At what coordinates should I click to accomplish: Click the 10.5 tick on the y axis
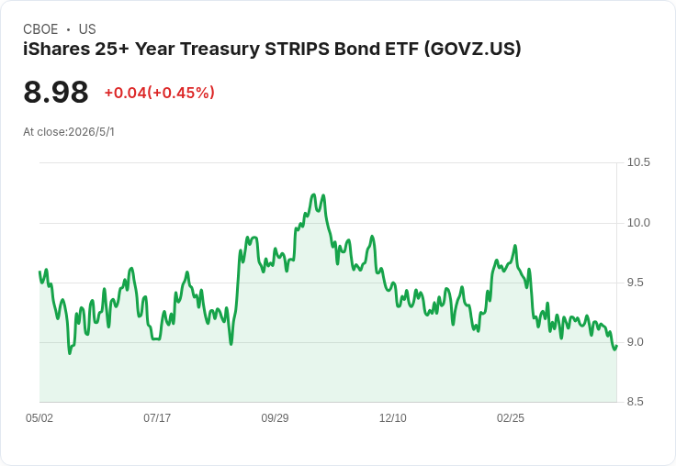click(638, 162)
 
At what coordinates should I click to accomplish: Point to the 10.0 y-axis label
click(638, 223)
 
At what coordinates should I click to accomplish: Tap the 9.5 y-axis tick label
click(635, 283)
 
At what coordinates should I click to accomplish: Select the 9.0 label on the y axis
click(635, 342)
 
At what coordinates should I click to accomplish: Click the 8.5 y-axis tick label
click(635, 402)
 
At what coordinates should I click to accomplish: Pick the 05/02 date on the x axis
click(39, 417)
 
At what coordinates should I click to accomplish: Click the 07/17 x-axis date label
click(157, 417)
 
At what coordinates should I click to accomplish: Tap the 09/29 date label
click(275, 417)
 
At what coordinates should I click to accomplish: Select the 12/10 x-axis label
click(392, 417)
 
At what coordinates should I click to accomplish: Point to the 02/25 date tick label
click(511, 417)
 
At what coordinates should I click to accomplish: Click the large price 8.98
click(56, 93)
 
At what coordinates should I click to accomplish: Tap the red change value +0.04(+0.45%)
click(160, 93)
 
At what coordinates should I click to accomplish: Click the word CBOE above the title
click(40, 29)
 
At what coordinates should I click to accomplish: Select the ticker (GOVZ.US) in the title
click(472, 49)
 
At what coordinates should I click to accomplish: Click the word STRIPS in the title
click(297, 49)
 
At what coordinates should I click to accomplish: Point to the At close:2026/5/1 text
click(69, 132)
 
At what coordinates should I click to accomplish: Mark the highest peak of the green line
click(313, 194)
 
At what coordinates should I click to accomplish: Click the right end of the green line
click(617, 346)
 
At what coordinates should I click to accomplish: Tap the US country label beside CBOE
click(87, 29)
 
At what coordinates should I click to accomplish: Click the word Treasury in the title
click(219, 49)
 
